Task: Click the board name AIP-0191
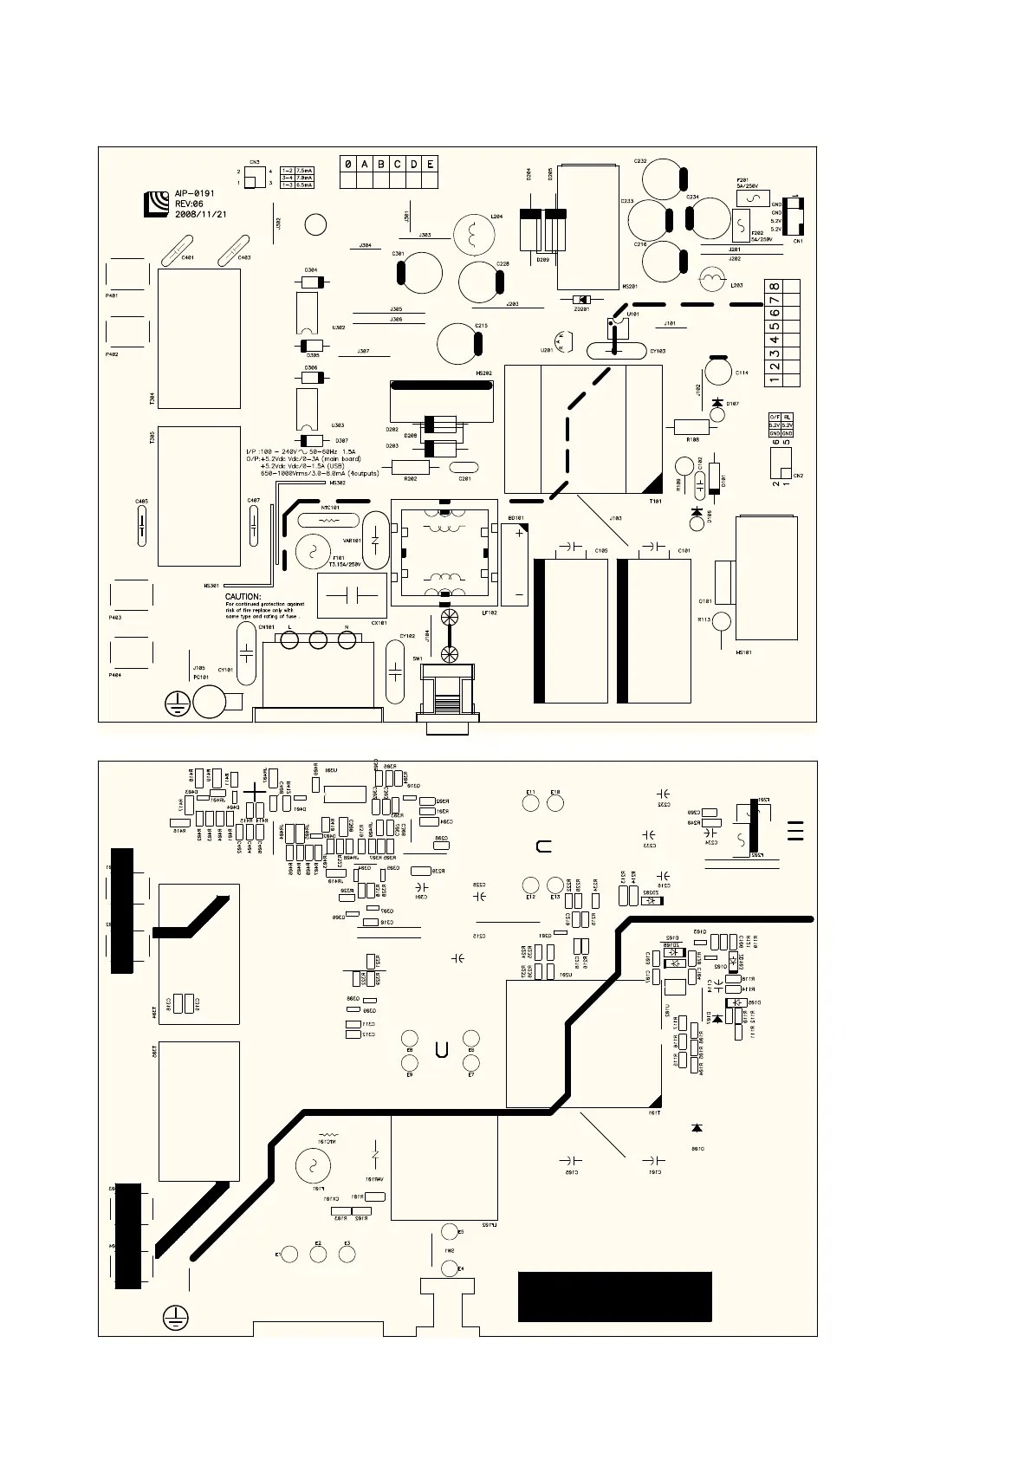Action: (x=194, y=194)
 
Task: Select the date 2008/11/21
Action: (x=200, y=213)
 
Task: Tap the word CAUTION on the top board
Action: (x=243, y=596)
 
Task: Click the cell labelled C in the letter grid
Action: (x=397, y=164)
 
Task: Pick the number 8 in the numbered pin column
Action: (x=774, y=287)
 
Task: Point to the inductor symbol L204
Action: (x=473, y=233)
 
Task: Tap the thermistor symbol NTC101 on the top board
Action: (x=326, y=522)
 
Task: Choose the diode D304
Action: (x=311, y=282)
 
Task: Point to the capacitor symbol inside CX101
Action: (x=353, y=595)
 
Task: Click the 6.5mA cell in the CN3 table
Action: (x=304, y=185)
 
